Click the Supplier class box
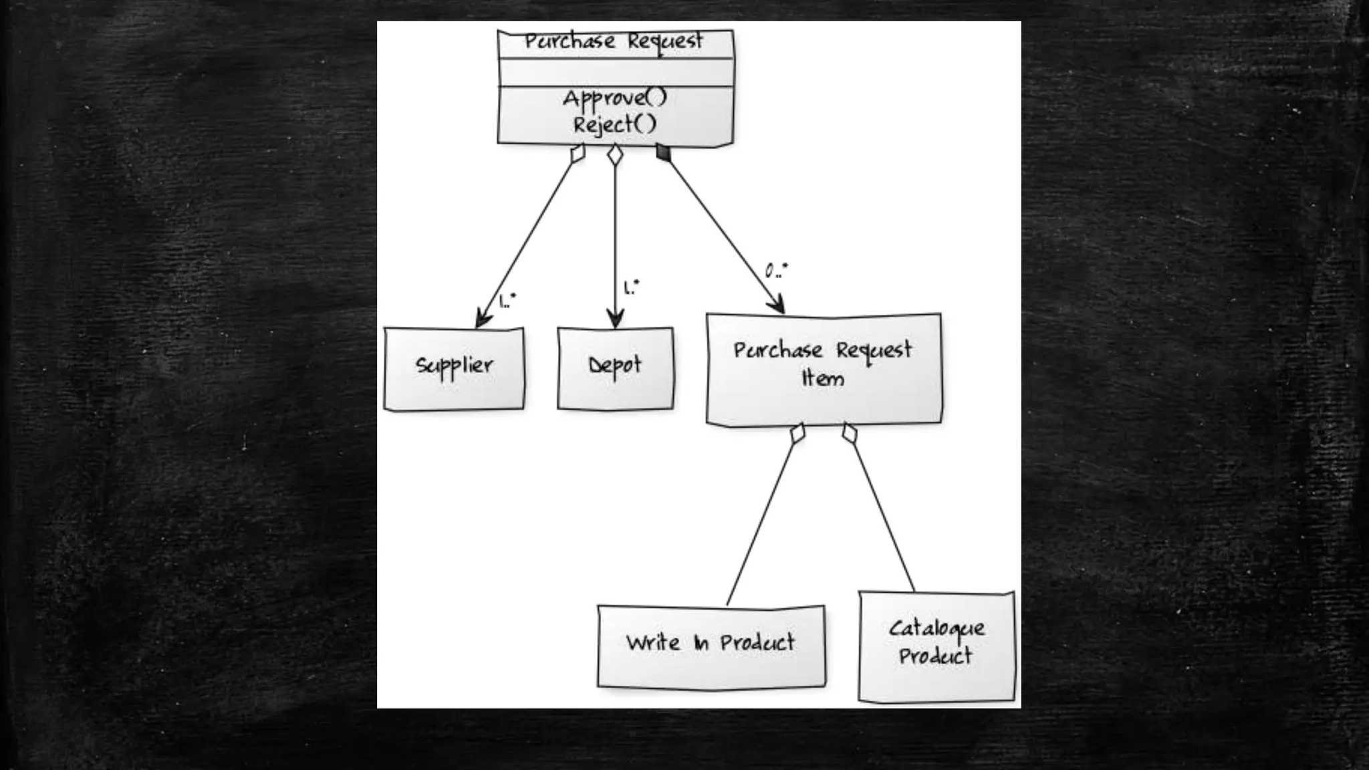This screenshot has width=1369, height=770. [454, 368]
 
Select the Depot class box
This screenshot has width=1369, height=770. [615, 368]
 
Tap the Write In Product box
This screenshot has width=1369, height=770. [711, 646]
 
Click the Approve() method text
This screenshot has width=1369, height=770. [615, 98]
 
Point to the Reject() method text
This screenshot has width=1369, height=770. [615, 124]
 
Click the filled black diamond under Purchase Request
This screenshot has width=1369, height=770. [663, 152]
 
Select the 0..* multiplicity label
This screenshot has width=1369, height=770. [776, 271]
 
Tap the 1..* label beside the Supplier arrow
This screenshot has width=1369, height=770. [508, 301]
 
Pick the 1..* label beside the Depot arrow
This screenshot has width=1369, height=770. [631, 287]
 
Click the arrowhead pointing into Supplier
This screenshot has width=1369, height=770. [483, 319]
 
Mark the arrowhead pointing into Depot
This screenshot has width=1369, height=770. [615, 319]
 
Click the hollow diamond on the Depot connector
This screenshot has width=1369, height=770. [615, 155]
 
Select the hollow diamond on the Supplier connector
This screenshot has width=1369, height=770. [578, 153]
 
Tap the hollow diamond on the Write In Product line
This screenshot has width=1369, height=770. [797, 434]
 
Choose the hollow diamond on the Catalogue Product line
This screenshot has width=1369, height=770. [849, 433]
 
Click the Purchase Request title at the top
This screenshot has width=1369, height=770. [614, 41]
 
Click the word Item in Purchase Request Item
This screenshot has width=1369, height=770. [823, 379]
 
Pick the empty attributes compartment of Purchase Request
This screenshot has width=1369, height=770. [615, 72]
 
